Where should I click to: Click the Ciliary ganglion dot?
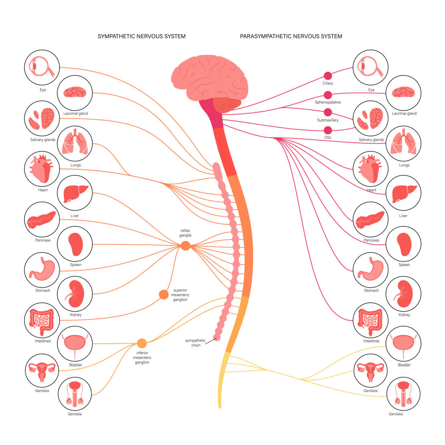tap(328, 75)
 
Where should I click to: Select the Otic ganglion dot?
tap(328, 130)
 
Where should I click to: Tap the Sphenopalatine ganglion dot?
tap(328, 95)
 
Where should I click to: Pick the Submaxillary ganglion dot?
tap(328, 112)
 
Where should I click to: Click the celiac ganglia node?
tap(185, 246)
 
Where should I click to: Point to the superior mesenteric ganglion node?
tap(164, 295)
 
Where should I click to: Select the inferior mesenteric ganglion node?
tap(142, 344)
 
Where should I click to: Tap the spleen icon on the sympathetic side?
tap(75, 244)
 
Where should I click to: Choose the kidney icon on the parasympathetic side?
tap(403, 294)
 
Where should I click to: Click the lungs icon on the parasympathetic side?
tap(403, 144)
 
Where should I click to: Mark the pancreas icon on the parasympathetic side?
tap(370, 219)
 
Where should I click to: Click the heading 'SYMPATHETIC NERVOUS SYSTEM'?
tap(142, 36)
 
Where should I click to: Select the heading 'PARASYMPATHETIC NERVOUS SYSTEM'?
tap(291, 36)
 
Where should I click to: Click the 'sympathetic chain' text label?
tap(195, 343)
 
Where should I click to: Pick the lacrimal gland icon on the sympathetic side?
tap(75, 93)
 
